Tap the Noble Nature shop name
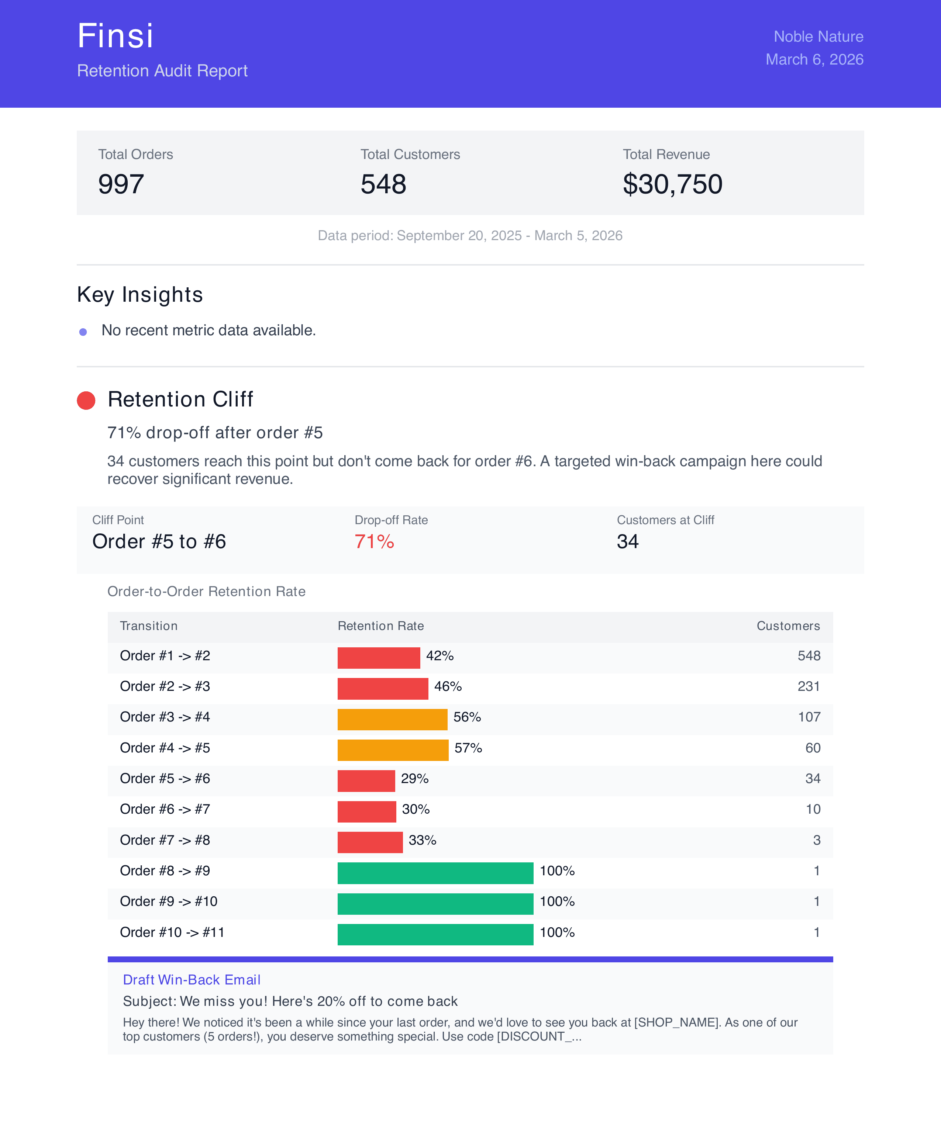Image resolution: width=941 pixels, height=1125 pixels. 818,37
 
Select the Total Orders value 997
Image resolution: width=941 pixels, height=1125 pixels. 121,184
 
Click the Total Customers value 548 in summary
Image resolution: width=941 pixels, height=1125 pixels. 383,184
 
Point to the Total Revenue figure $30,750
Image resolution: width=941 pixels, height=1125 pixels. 672,184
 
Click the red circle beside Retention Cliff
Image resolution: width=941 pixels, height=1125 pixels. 86,400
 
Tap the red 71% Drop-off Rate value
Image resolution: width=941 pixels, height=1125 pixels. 374,541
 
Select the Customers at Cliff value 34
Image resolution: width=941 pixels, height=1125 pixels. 627,541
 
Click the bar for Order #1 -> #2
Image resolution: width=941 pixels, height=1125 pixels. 378,658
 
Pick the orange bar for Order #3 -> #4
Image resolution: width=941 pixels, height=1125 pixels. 392,720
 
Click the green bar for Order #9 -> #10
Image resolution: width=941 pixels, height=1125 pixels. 435,904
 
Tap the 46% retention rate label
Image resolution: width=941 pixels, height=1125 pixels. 448,686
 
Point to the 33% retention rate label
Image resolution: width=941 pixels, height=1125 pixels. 422,840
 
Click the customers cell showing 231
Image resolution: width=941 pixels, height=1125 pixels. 809,686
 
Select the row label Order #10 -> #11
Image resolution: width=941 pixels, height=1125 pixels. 172,932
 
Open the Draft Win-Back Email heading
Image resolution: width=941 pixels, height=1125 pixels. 191,980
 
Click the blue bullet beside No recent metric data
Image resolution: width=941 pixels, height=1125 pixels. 83,332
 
